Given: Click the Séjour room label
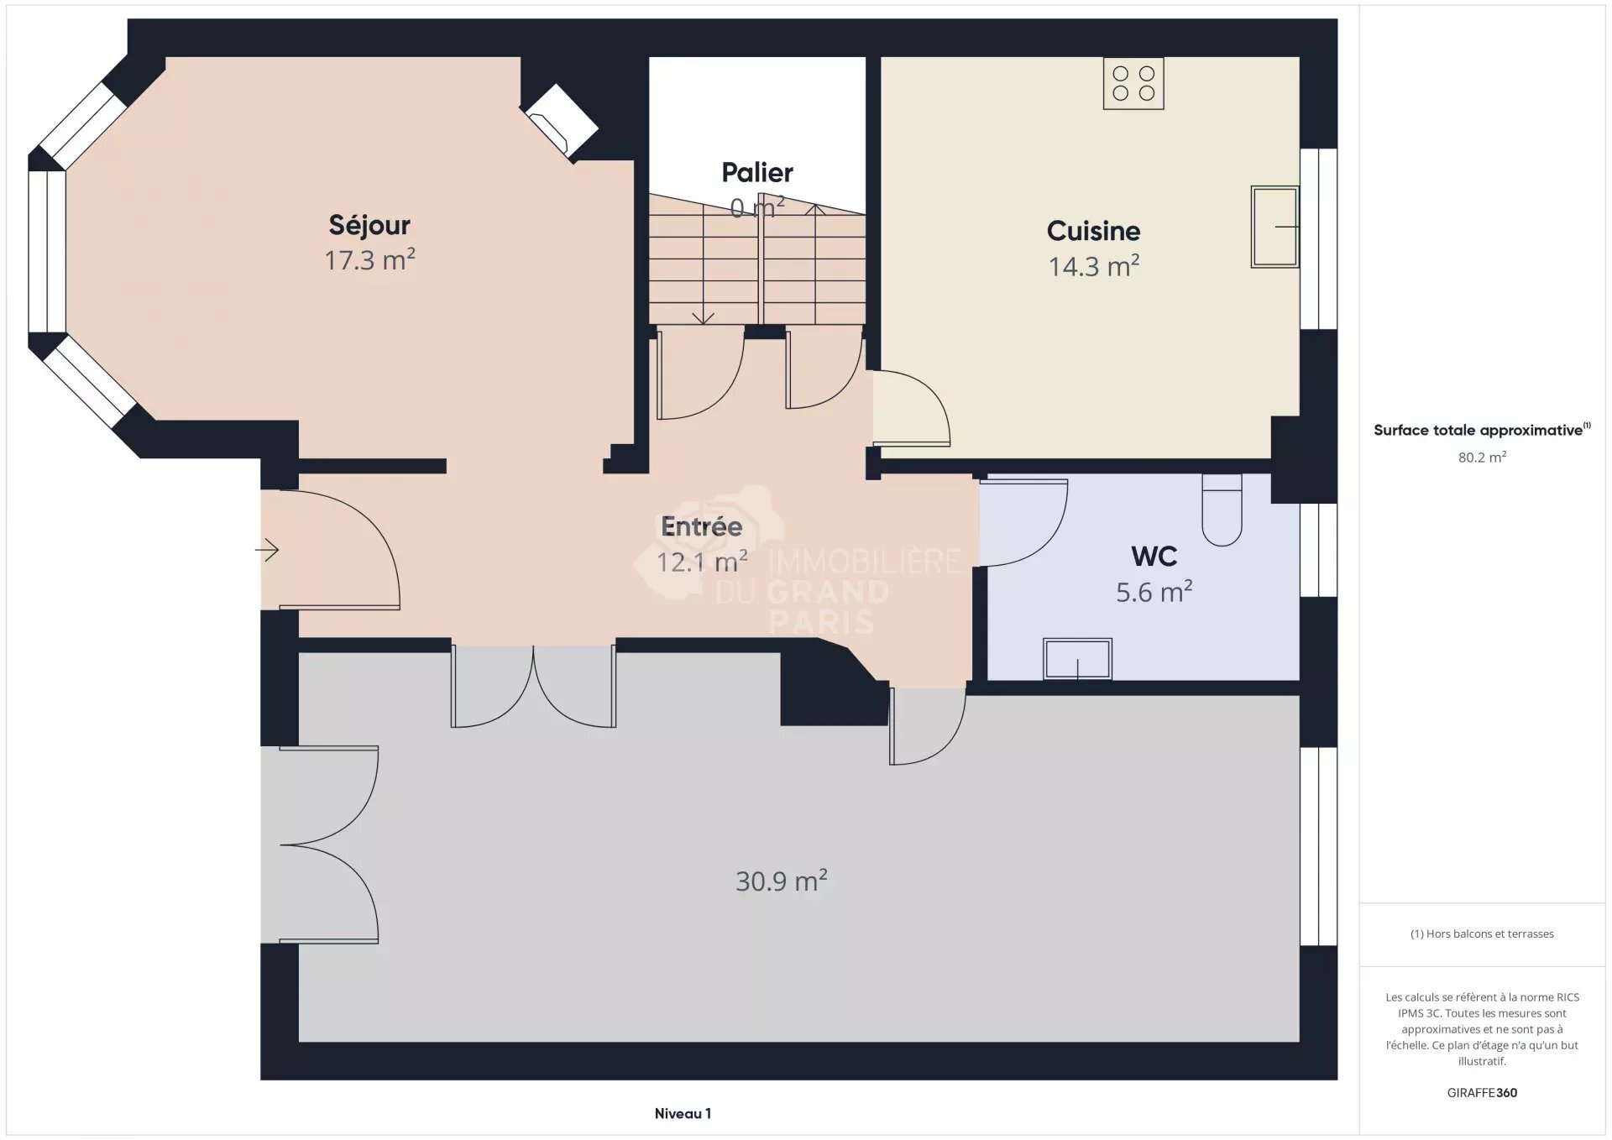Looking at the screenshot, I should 369,225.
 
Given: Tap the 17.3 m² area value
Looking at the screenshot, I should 369,260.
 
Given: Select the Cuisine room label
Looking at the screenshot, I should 1093,231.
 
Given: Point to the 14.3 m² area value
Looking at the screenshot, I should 1093,266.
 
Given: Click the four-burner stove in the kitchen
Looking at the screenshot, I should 1133,84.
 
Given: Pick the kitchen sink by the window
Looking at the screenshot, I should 1274,227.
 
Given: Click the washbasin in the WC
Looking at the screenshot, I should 1077,659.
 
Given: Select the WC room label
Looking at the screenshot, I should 1154,556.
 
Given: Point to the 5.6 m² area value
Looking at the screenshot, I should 1154,592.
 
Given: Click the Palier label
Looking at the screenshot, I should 757,173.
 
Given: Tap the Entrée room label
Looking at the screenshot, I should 702,526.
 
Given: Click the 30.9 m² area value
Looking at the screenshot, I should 782,881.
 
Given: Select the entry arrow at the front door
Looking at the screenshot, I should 267,550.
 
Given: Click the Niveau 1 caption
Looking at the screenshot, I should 683,1113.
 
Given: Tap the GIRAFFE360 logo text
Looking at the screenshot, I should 1482,1092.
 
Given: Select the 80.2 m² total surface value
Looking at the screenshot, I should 1482,458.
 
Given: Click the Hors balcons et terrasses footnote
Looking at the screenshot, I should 1482,933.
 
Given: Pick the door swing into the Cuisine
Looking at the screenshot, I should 911,409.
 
